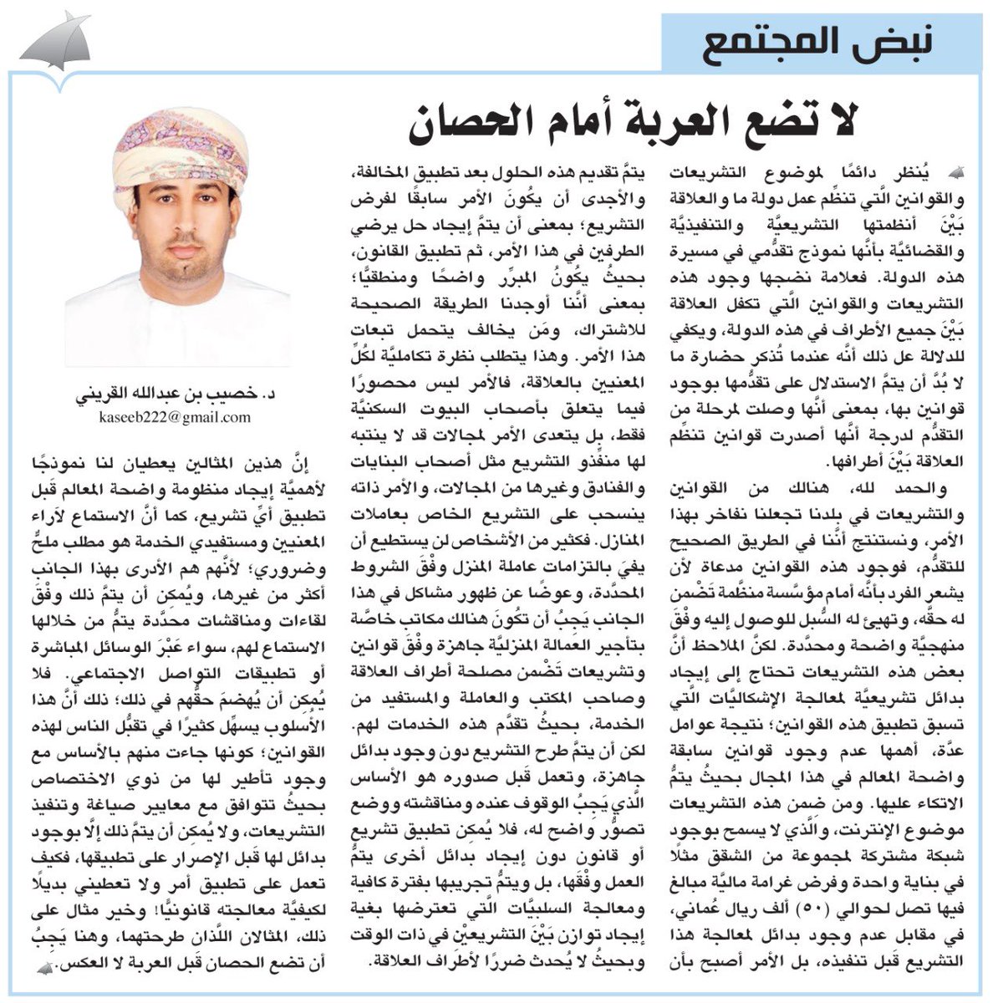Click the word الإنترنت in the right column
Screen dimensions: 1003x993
(862, 846)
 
